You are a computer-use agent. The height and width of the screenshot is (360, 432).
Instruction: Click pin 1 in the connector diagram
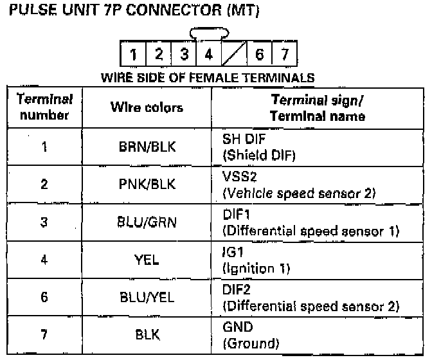pos(133,54)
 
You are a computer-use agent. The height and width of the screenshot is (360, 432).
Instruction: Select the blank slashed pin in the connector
pos(234,54)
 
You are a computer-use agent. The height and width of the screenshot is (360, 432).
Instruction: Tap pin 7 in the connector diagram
pos(285,54)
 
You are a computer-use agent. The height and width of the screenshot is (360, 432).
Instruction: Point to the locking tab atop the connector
pos(209,33)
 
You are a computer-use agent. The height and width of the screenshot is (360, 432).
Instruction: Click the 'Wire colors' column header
pos(147,107)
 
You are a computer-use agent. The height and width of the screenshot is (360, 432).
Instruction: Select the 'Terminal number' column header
pos(44,107)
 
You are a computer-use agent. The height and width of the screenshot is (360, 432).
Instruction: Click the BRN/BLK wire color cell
pos(147,147)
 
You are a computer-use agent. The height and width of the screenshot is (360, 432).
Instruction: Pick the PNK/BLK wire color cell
pos(147,184)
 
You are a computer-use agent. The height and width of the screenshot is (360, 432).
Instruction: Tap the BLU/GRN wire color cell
pos(147,222)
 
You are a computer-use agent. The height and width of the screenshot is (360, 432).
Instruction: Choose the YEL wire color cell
pos(147,260)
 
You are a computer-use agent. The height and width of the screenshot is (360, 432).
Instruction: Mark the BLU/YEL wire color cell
pos(147,297)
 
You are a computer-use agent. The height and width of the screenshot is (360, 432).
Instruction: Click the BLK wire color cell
pos(147,335)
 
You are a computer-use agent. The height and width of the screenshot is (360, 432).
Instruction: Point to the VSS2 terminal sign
pos(240,176)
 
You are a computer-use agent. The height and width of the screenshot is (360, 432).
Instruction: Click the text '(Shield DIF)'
pos(259,156)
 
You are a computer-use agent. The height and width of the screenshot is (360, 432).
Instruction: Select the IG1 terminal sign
pos(233,252)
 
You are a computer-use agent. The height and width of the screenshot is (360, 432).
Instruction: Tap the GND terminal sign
pos(237,327)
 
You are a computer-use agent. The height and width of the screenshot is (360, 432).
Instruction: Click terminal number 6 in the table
pos(44,297)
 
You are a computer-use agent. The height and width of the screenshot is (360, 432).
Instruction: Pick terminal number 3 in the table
pos(44,222)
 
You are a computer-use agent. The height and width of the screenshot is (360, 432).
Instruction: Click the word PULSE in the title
pos(33,10)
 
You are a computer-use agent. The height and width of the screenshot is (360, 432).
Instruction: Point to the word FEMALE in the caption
pos(213,78)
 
